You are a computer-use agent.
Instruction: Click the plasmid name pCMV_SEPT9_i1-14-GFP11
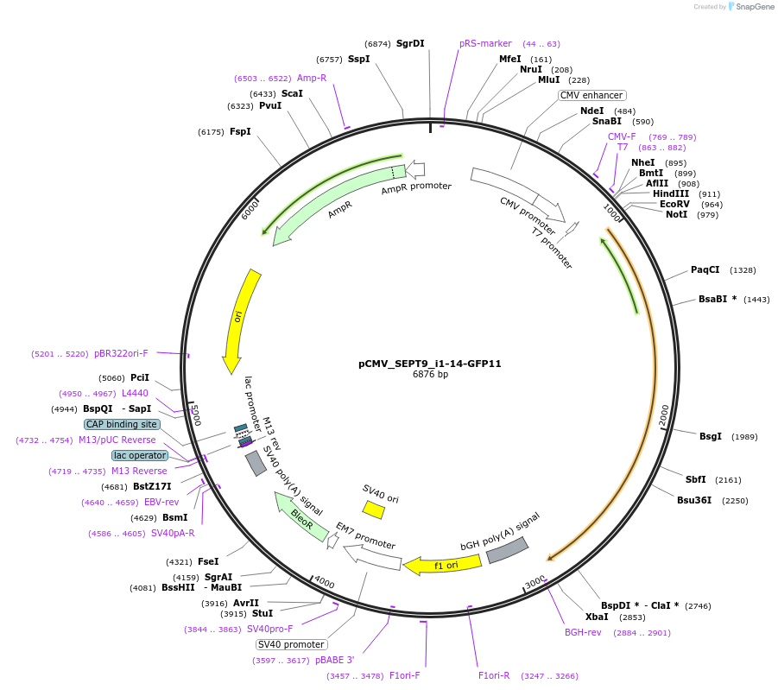(429, 364)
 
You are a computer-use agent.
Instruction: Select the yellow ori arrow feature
(240, 320)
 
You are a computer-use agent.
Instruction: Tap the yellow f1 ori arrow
(443, 566)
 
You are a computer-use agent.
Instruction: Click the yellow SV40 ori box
(374, 510)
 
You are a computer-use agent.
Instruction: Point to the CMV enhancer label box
(591, 95)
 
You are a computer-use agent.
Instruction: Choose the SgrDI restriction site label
(410, 43)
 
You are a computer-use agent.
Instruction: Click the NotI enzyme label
(676, 214)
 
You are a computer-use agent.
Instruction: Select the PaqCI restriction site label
(705, 269)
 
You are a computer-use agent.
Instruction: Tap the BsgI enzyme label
(710, 436)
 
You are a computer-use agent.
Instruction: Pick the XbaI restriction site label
(597, 617)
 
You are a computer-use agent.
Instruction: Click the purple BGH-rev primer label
(583, 632)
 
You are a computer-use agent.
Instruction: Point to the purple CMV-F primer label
(622, 136)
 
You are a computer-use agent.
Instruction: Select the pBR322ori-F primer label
(121, 353)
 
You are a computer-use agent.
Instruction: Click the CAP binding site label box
(122, 424)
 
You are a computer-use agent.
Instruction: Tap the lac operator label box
(140, 455)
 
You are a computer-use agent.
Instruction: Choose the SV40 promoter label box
(292, 644)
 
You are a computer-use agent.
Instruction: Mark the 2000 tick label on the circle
(664, 415)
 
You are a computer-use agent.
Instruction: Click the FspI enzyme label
(240, 131)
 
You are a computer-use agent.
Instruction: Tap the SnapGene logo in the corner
(750, 7)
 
